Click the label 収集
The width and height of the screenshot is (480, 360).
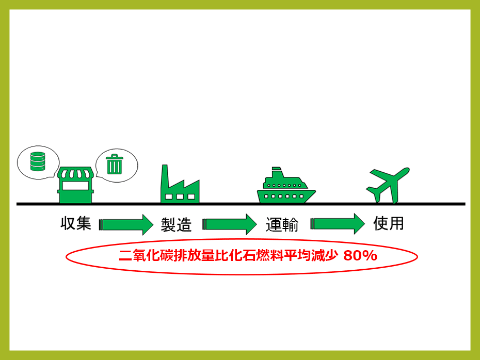click(x=76, y=224)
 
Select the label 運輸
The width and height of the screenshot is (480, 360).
click(x=282, y=224)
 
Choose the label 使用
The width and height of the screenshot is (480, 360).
click(x=388, y=223)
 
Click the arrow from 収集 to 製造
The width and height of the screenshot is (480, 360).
click(x=126, y=224)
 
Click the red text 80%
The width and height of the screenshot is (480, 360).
click(x=360, y=256)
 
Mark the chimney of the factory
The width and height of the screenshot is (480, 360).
click(x=166, y=175)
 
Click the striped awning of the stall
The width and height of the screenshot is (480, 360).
click(x=76, y=173)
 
